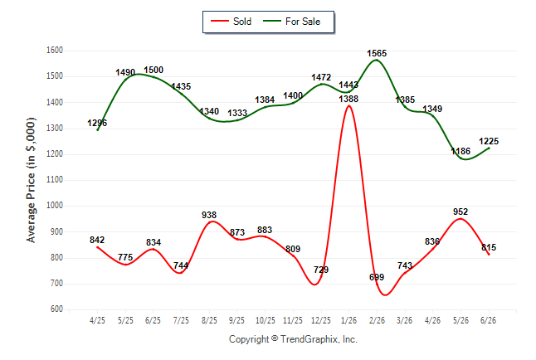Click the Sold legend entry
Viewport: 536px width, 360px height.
(x=231, y=22)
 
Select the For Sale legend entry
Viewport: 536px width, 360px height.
(x=291, y=22)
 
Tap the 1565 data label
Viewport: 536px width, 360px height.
(x=377, y=53)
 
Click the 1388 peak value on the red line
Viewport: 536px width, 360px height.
(x=348, y=99)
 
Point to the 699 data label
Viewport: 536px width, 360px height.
(x=377, y=277)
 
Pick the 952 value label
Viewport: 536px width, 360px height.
(x=460, y=212)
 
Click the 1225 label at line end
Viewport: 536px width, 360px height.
(x=489, y=141)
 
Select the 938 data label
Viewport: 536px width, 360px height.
(x=209, y=215)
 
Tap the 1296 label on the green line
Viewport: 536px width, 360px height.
(x=97, y=123)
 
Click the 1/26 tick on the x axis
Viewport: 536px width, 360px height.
(x=348, y=320)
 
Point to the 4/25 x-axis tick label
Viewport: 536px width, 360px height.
(x=97, y=320)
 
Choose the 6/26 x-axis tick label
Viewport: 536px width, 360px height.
(x=488, y=320)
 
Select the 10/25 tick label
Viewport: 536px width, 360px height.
(x=265, y=320)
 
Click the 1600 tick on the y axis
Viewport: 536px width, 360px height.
(x=55, y=51)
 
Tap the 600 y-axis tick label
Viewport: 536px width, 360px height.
(x=56, y=309)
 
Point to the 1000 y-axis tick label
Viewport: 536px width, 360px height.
(x=55, y=206)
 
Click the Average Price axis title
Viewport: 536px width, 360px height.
(x=31, y=180)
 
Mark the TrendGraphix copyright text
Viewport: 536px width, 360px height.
(x=293, y=339)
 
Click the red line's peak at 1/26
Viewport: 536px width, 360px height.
(x=348, y=106)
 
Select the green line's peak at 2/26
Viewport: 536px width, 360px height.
(x=377, y=60)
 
